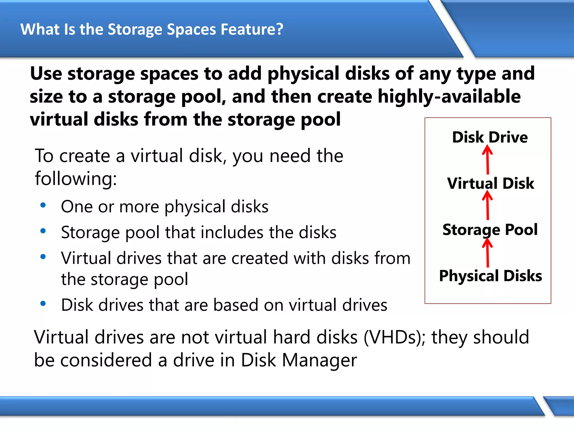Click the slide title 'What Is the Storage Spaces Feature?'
(x=152, y=29)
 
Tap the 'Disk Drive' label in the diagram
(x=490, y=137)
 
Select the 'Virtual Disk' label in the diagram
(x=490, y=184)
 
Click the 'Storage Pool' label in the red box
(x=490, y=230)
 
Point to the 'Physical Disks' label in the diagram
(x=490, y=276)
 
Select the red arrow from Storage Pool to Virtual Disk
(x=487, y=206)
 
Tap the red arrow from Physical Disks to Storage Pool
(x=487, y=253)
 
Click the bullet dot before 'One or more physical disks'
(x=43, y=205)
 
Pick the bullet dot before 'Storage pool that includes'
(x=43, y=231)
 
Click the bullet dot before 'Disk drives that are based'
(x=43, y=304)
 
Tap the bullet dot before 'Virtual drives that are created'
(x=43, y=257)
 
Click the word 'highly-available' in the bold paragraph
(x=449, y=97)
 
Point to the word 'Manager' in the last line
(x=320, y=360)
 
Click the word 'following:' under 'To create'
(x=76, y=179)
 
